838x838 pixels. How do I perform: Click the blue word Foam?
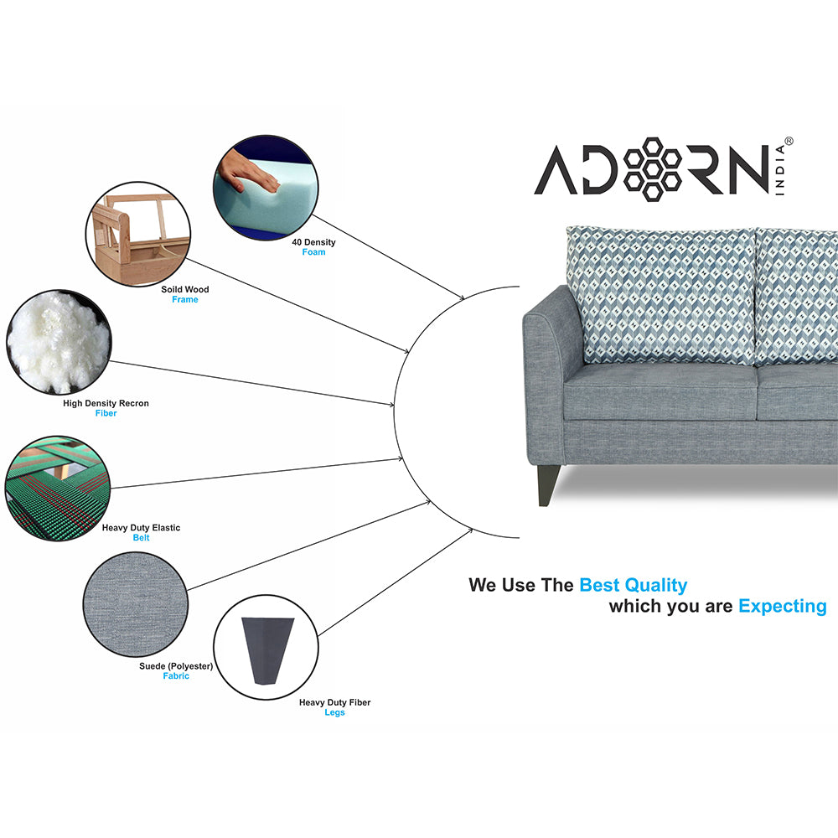click(313, 252)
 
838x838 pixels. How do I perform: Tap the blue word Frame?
click(185, 299)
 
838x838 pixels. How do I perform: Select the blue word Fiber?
click(106, 413)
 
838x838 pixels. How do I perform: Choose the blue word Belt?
click(141, 538)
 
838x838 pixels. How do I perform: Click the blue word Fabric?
click(176, 675)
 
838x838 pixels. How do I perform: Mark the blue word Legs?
click(334, 712)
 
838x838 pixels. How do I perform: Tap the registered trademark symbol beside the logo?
click(789, 142)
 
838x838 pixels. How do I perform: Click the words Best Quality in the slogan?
click(633, 585)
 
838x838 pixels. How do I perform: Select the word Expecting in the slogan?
click(782, 606)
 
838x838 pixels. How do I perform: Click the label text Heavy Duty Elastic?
click(141, 528)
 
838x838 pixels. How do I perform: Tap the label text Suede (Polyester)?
click(176, 666)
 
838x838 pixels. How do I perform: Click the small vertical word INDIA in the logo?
click(780, 179)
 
